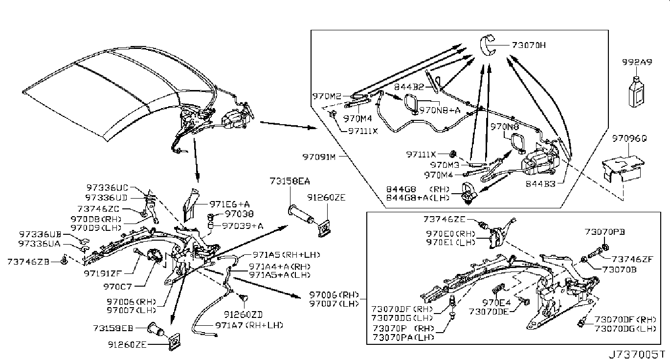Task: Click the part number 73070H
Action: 529,45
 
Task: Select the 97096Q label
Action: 629,139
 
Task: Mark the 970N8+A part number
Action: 440,110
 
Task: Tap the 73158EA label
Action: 289,181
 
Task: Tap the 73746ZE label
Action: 445,220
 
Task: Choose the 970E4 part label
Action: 497,302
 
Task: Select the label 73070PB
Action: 605,231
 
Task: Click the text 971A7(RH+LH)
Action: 249,325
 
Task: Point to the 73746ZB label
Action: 28,262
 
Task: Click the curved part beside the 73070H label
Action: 489,45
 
